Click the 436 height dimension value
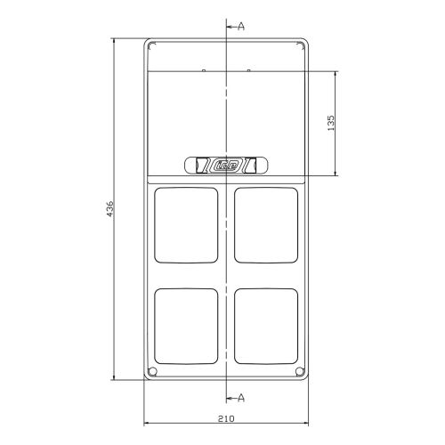(109, 209)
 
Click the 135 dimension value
(330, 123)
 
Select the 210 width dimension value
(226, 418)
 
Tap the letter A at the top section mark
(241, 27)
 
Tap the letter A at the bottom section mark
(241, 398)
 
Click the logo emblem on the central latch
(226, 166)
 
